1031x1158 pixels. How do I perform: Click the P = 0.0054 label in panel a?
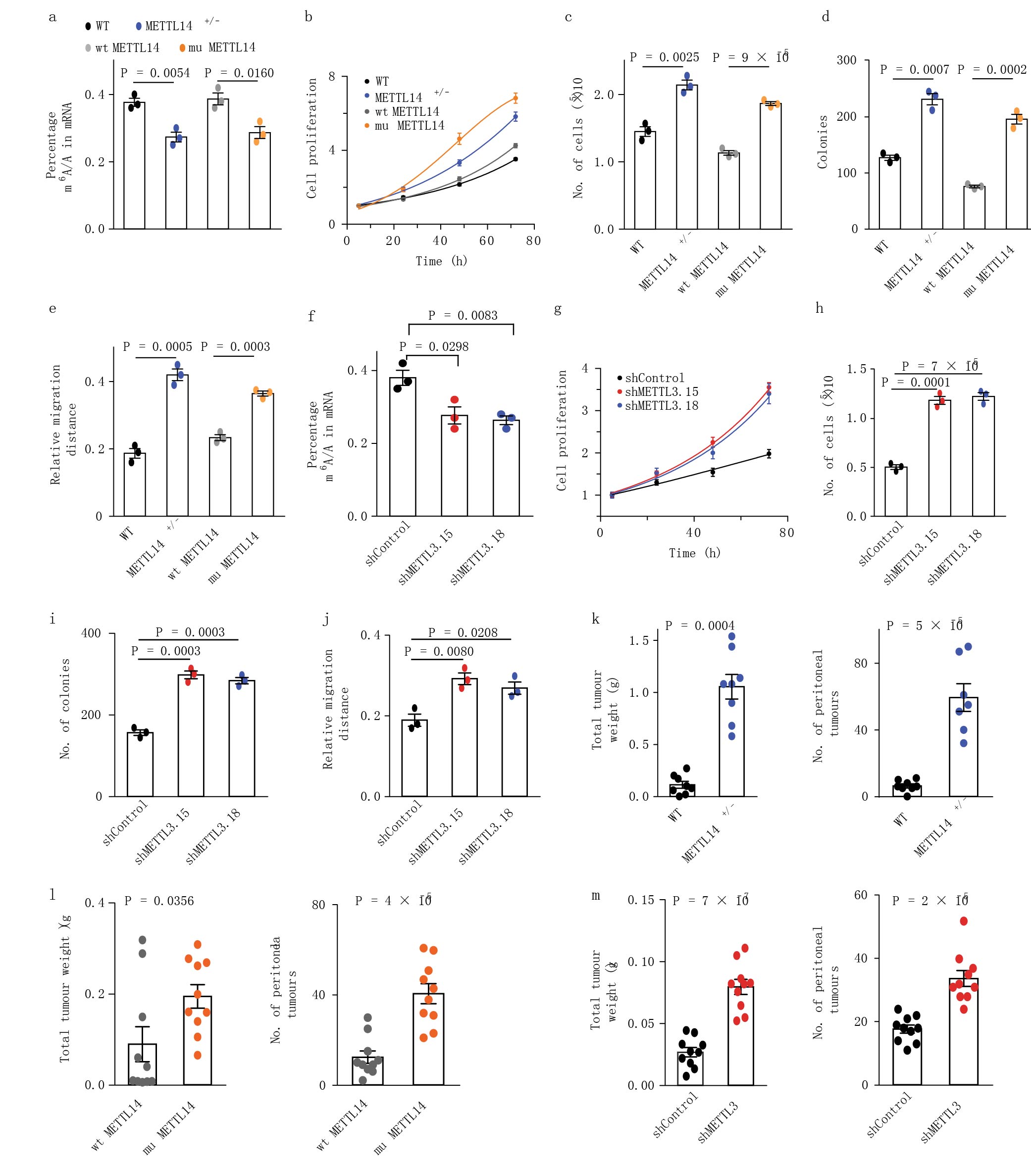[155, 73]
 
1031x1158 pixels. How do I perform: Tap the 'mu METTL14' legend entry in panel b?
[409, 126]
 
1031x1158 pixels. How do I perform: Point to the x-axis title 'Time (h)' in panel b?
[441, 261]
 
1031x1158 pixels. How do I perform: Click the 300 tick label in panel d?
[846, 60]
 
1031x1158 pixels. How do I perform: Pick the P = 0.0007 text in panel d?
[914, 70]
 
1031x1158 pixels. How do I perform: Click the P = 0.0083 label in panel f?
[463, 316]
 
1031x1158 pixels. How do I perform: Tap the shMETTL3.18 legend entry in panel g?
[661, 406]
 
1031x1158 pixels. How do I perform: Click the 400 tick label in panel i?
[91, 633]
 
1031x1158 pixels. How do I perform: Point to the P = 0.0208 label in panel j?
[463, 632]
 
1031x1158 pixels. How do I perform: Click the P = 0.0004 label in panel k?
[699, 626]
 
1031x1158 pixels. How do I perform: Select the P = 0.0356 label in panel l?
[159, 901]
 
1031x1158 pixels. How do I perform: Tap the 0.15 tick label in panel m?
[640, 900]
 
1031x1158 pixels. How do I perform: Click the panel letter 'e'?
[52, 309]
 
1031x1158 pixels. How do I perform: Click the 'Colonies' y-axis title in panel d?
[823, 142]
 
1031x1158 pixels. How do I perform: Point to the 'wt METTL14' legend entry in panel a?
[127, 48]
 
